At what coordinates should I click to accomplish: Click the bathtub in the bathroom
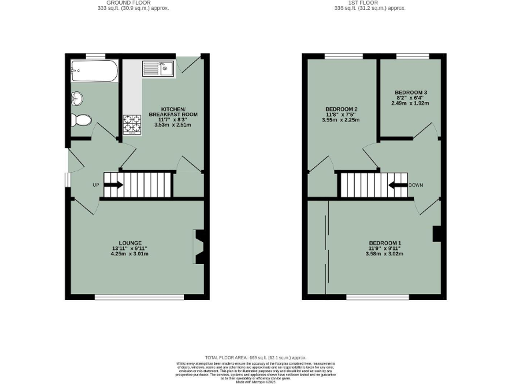pos(93,70)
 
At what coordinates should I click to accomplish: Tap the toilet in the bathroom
pos(82,121)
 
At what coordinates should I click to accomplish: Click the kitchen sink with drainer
pos(157,68)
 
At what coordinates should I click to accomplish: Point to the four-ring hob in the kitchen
pos(131,124)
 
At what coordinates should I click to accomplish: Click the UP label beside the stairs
pos(96,185)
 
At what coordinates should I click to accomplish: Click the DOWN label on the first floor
pos(417,185)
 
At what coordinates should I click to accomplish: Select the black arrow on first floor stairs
pos(398,185)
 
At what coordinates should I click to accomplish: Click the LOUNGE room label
pos(130,242)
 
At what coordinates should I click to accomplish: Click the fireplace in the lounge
pos(198,247)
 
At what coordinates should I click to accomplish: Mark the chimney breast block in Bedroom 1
pos(437,234)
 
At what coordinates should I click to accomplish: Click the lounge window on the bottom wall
pos(139,296)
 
